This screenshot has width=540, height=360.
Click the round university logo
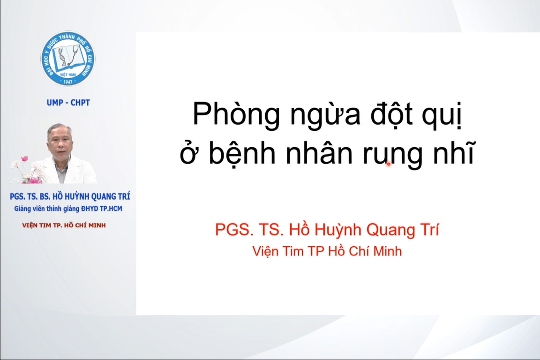(68, 59)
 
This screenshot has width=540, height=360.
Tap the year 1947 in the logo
(68, 82)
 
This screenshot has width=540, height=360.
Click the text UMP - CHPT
(68, 103)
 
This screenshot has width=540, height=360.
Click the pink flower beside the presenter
(24, 159)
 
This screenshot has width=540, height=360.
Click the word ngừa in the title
(325, 115)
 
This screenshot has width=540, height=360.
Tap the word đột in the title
(391, 114)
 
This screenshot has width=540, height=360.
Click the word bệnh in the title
(242, 153)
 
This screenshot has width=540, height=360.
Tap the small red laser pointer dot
(389, 165)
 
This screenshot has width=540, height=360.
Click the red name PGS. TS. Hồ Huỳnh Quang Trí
(327, 230)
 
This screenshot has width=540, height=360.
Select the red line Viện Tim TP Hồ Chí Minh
(327, 251)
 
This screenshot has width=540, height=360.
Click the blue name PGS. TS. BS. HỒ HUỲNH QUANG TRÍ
(70, 196)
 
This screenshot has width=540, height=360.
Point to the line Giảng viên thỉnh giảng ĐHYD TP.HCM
(68, 209)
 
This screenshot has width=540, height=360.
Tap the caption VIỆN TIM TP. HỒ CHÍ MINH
(64, 225)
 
